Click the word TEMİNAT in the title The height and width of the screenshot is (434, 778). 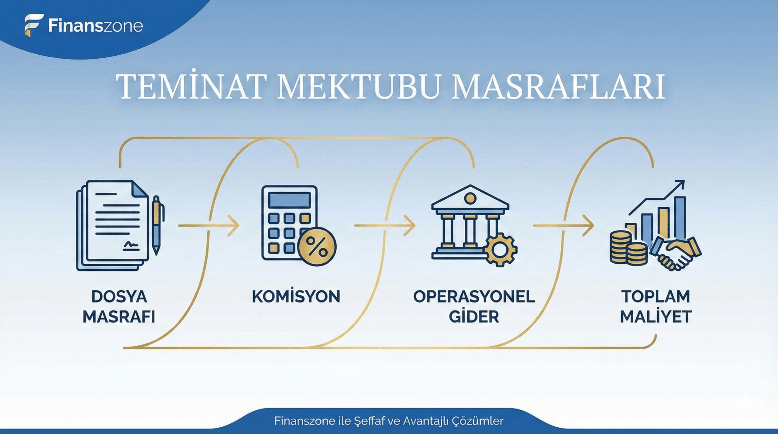pos(189,86)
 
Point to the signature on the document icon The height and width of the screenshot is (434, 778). pos(131,245)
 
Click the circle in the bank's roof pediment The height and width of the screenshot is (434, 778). pos(470,198)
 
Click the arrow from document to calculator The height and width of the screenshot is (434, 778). pos(208,226)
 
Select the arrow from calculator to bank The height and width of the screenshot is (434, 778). pos(385,226)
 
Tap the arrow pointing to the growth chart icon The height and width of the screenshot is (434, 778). pos(563,226)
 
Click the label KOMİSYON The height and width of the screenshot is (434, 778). pos(296,297)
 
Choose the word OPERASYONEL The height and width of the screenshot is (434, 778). pos(474,297)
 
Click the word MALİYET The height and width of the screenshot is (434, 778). pos(656,317)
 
